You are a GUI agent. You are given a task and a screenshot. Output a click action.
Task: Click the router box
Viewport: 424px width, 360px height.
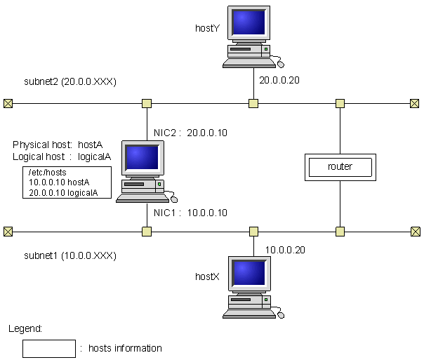point(340,166)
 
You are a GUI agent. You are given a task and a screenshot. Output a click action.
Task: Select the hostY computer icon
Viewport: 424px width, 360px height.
point(249,37)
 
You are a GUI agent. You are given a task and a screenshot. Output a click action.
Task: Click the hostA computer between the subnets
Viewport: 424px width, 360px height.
point(143,171)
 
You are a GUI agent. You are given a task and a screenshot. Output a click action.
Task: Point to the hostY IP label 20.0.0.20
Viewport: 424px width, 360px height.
point(279,80)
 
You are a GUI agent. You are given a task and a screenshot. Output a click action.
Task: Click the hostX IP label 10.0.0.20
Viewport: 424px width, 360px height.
point(285,249)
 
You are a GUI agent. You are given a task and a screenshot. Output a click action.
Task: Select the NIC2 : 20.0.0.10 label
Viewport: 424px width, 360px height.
point(190,133)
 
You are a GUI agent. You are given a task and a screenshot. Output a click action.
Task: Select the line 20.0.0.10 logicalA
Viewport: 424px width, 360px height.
point(63,192)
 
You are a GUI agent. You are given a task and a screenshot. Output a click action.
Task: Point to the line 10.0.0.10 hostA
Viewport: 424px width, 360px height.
point(59,182)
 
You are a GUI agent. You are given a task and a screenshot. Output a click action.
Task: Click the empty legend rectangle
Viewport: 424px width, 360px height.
point(48,348)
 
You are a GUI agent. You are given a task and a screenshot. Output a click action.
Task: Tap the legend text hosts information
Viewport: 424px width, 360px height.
point(126,348)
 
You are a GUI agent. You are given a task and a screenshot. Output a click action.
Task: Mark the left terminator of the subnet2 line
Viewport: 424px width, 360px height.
point(8,104)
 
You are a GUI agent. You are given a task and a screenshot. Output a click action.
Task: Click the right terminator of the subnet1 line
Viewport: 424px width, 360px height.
point(416,231)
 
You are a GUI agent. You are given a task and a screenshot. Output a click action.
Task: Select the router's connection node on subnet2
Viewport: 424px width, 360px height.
point(340,104)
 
